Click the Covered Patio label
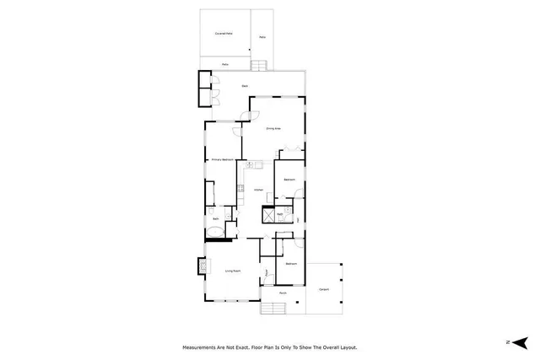click(x=224, y=34)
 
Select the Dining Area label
click(x=273, y=128)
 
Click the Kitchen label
click(x=260, y=190)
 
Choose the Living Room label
click(x=233, y=271)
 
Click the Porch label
click(x=283, y=294)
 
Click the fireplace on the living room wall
click(x=202, y=266)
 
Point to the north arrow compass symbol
click(x=516, y=341)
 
